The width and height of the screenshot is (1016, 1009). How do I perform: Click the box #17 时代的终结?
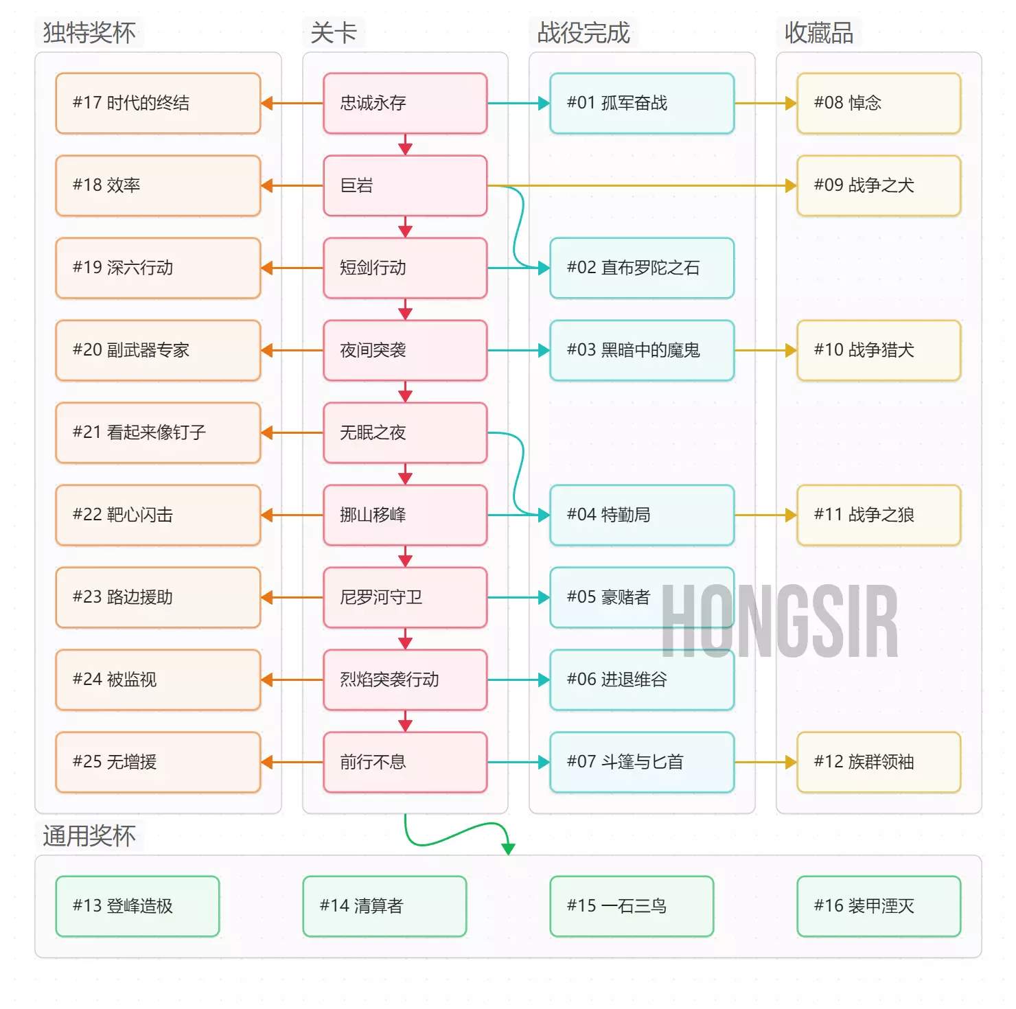158,103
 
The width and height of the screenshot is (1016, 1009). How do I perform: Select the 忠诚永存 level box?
405,103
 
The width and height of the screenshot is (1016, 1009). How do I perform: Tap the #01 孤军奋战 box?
642,103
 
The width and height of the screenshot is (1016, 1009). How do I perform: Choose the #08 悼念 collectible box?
879,103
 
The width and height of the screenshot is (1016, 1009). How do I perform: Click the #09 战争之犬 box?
879,185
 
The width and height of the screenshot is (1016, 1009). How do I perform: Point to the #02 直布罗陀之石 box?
642,268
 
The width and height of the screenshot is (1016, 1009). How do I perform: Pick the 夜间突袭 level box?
405,350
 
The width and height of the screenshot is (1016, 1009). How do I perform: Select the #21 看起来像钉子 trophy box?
158,432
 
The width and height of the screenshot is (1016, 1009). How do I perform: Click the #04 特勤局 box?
642,515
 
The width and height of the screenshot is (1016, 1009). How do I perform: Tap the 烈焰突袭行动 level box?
405,680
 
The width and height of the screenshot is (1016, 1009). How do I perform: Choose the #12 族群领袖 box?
879,762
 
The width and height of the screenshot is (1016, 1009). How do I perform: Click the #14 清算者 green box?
384,906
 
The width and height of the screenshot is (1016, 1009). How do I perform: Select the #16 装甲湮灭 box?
879,906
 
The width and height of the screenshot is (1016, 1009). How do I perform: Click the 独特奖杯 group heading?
89,32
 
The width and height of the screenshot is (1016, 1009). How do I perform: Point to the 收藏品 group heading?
818,32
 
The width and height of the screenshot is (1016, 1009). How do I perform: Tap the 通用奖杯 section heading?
89,835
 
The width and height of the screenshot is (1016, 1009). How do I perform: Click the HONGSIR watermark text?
779,621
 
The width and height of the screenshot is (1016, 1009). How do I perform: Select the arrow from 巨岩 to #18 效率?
292,185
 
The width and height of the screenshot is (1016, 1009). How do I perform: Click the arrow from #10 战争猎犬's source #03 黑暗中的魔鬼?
765,350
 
